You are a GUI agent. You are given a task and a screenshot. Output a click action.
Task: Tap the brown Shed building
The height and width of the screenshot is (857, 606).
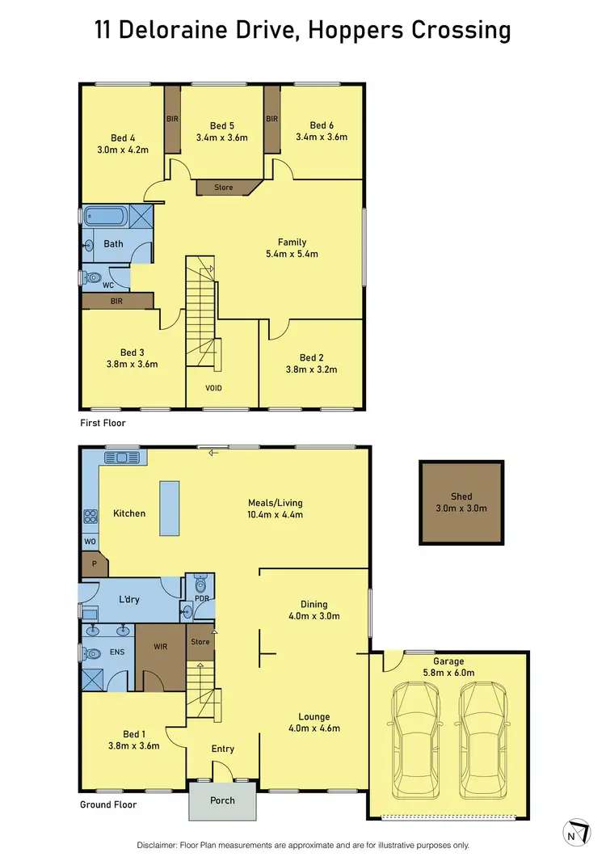click(461, 503)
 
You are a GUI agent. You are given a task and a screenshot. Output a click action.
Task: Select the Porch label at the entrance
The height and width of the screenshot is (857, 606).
click(222, 800)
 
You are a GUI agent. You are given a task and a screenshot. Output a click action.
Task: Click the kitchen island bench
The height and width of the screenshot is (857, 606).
click(170, 508)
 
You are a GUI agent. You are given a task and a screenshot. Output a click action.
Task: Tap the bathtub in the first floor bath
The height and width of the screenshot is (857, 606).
click(106, 217)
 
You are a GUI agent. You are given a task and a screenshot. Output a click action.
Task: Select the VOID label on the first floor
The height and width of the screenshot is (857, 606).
click(213, 388)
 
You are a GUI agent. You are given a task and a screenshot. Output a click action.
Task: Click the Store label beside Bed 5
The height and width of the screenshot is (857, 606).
click(224, 188)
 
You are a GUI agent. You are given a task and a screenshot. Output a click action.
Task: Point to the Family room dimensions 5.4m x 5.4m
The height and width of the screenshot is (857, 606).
click(292, 254)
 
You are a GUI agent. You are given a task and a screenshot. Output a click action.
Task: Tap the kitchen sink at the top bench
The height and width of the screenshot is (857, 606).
click(123, 458)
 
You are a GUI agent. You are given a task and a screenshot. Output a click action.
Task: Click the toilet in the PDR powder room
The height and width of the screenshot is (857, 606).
click(200, 585)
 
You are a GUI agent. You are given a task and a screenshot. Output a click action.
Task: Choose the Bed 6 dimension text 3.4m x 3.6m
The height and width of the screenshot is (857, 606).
click(322, 137)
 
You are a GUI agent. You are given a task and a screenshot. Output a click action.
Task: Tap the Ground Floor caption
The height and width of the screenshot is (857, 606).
click(108, 804)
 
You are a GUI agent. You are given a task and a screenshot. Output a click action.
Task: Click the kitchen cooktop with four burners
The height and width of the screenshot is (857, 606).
click(88, 516)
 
